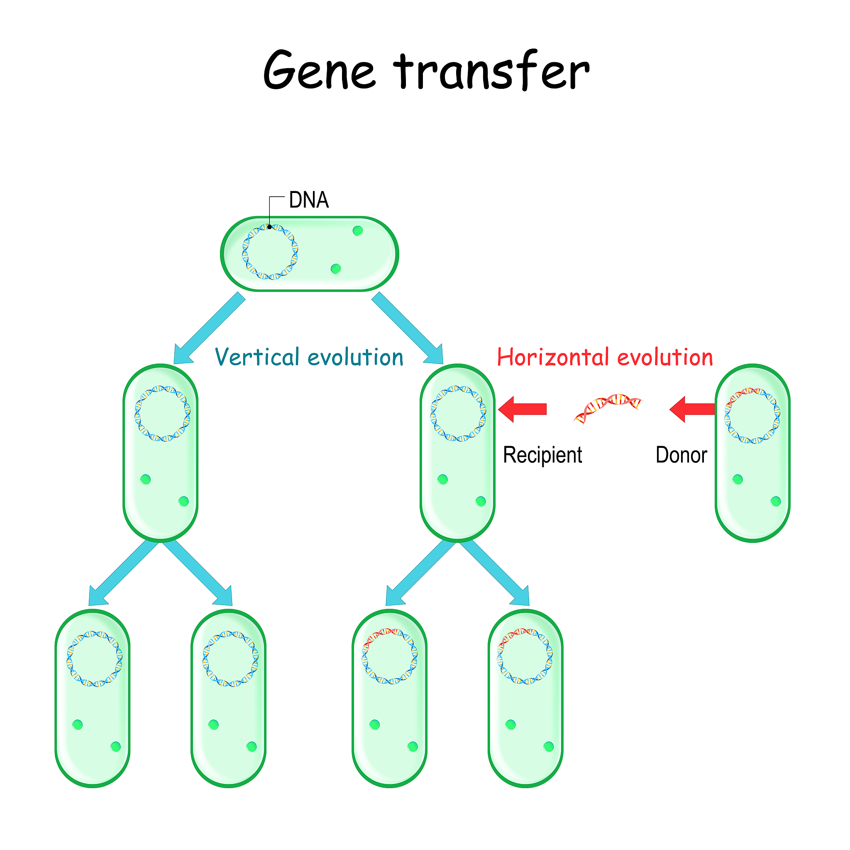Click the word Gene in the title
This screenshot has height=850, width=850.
click(x=320, y=71)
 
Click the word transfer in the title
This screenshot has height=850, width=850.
click(x=491, y=71)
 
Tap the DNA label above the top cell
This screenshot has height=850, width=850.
click(x=309, y=200)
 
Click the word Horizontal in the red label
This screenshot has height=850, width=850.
click(x=552, y=357)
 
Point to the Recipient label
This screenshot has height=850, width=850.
click(x=542, y=455)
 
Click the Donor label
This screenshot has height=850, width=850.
click(x=681, y=455)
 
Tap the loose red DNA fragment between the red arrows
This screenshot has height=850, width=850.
click(x=608, y=408)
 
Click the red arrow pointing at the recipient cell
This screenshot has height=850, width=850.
click(x=523, y=409)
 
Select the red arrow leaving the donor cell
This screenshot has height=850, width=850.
click(x=691, y=409)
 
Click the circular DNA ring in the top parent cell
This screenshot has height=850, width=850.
click(x=270, y=252)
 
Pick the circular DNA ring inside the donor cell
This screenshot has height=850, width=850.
click(x=752, y=415)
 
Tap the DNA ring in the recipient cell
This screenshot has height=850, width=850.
click(x=458, y=413)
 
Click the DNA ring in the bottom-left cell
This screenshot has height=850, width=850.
click(x=95, y=659)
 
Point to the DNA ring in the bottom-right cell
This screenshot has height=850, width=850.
click(x=525, y=655)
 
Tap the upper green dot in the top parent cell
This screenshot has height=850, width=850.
click(x=358, y=230)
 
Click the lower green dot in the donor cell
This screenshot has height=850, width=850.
click(x=776, y=501)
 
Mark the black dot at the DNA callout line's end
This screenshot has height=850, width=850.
click(x=270, y=227)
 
